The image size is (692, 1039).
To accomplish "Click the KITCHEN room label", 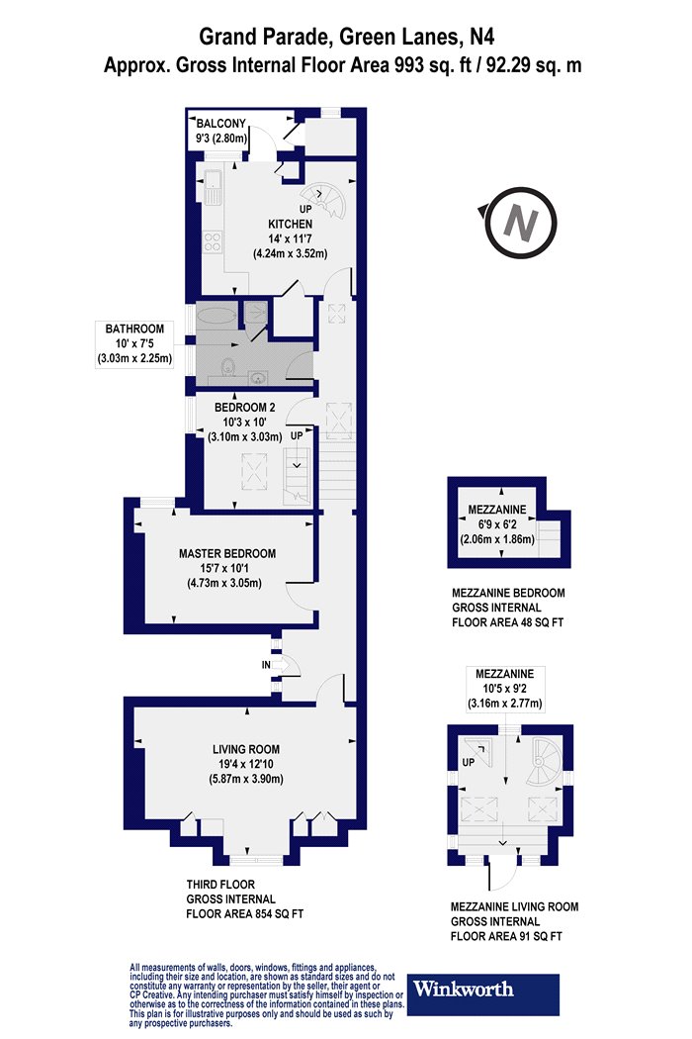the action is click(290, 224).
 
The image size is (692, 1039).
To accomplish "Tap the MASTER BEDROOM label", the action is click(227, 553).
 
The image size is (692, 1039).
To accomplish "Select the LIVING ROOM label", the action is click(246, 749).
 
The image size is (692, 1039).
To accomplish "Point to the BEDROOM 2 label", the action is click(244, 408).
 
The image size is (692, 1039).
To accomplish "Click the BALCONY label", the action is click(220, 124).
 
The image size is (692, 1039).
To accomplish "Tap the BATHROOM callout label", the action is click(134, 329).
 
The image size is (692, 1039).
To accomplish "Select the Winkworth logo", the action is click(482, 993).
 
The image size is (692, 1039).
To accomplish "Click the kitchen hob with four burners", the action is click(213, 241).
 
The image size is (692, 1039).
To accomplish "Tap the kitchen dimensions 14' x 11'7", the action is click(290, 238).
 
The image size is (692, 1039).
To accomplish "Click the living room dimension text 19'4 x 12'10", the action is click(246, 764).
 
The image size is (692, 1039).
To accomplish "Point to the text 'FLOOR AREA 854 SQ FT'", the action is click(245, 913).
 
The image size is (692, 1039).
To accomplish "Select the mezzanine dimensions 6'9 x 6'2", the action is click(497, 524).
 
